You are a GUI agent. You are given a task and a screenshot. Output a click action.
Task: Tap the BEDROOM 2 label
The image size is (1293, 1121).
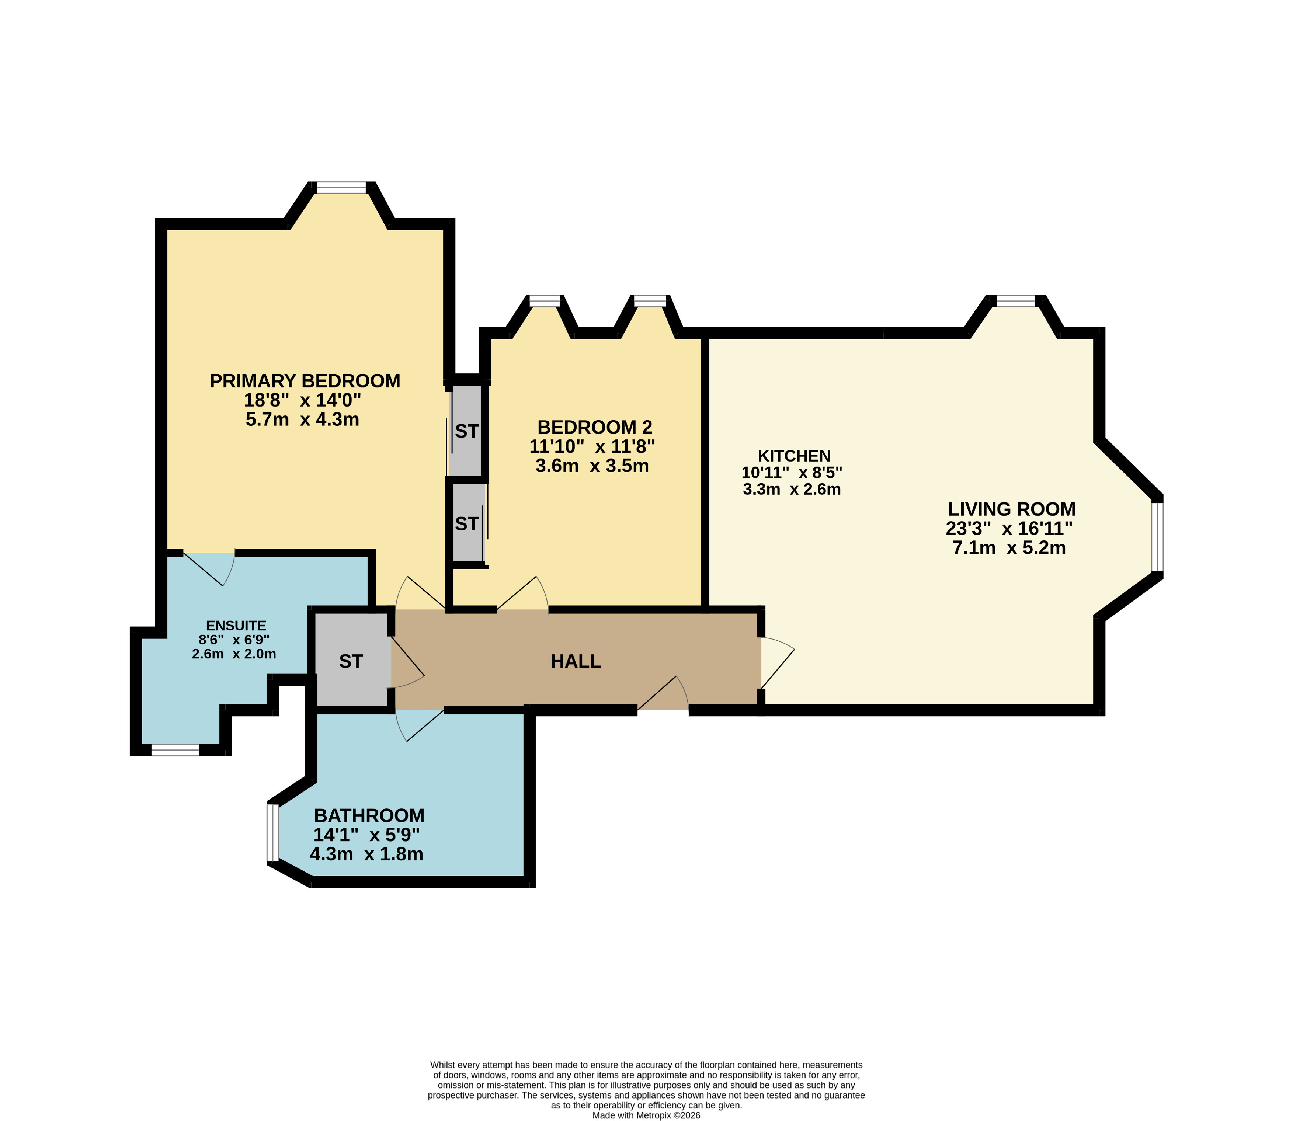[595, 427]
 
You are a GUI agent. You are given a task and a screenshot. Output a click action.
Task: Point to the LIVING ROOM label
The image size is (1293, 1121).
[1012, 509]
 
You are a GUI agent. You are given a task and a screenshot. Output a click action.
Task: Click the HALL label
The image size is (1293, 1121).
[576, 661]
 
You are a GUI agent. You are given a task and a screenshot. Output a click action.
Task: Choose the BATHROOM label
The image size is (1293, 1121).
[369, 816]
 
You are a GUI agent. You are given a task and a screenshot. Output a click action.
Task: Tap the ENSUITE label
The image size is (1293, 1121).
[236, 626]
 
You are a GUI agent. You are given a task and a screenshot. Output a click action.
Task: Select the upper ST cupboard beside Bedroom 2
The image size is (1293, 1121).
[467, 431]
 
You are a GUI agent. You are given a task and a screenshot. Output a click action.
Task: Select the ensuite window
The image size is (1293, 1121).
[175, 750]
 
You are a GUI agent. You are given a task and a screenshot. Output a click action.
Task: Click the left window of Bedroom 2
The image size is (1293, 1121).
[544, 301]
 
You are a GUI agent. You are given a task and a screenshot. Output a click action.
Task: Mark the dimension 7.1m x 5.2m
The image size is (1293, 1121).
[1009, 549]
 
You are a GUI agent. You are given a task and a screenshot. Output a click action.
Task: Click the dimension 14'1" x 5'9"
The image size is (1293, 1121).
[366, 835]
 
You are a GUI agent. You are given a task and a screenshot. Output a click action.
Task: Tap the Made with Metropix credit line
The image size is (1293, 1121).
[646, 1115]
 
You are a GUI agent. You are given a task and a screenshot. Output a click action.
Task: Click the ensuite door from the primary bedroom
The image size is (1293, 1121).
[209, 569]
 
